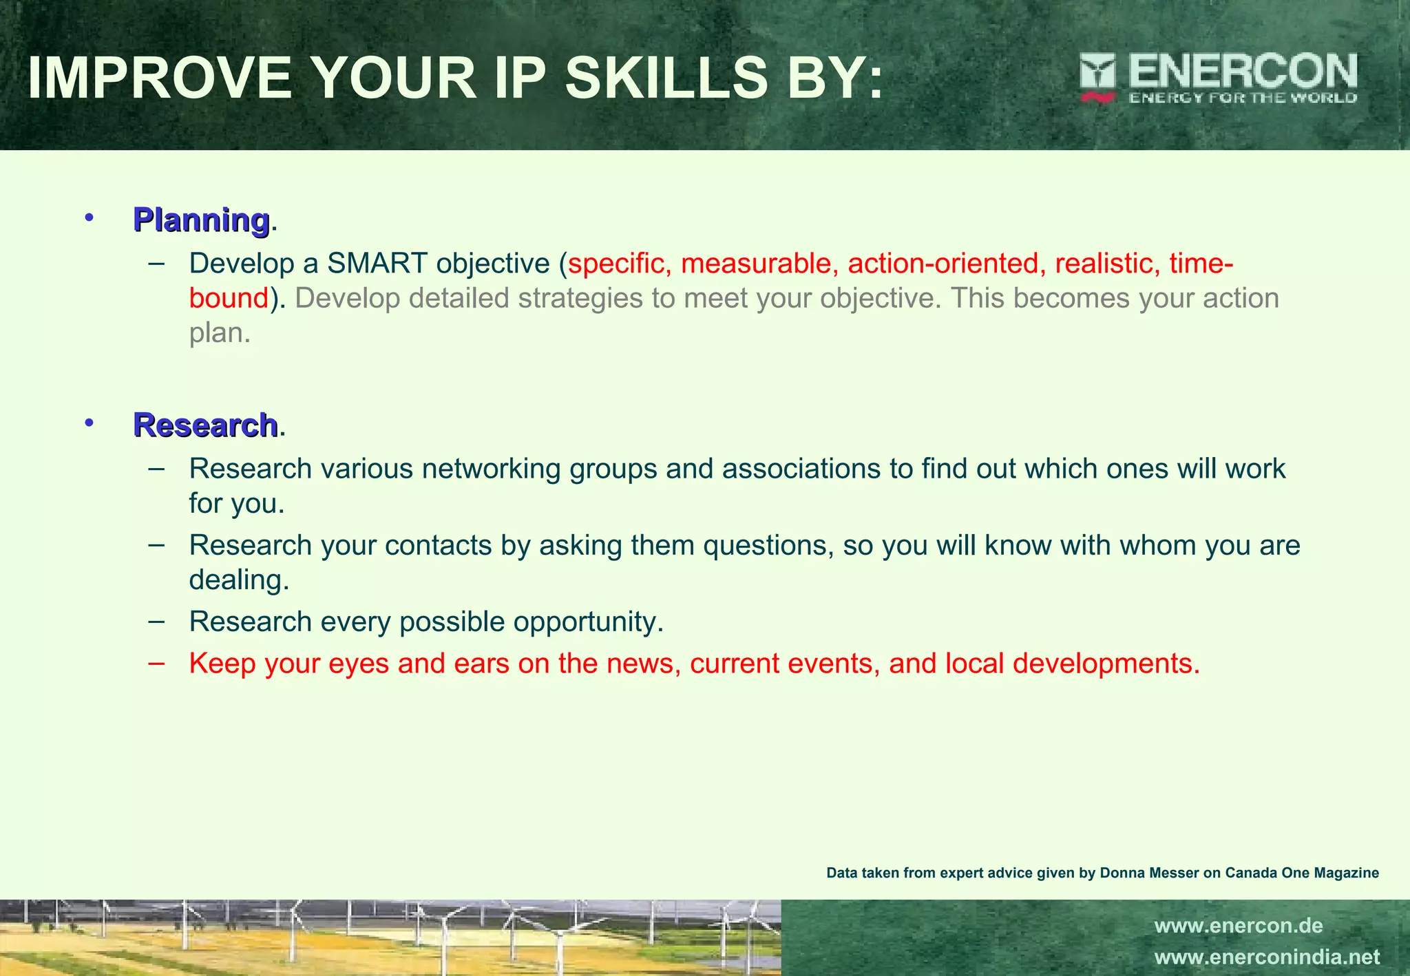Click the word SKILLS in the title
tap(666, 78)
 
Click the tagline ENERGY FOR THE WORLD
tap(1242, 98)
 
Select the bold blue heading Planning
tap(201, 220)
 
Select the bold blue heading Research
tap(205, 425)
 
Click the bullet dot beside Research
tap(88, 423)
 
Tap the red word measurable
tap(756, 264)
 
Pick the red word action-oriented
tap(943, 264)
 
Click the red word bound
tap(229, 299)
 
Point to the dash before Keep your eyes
tap(156, 664)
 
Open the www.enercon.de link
tap(1238, 926)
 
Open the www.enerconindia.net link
tap(1267, 957)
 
